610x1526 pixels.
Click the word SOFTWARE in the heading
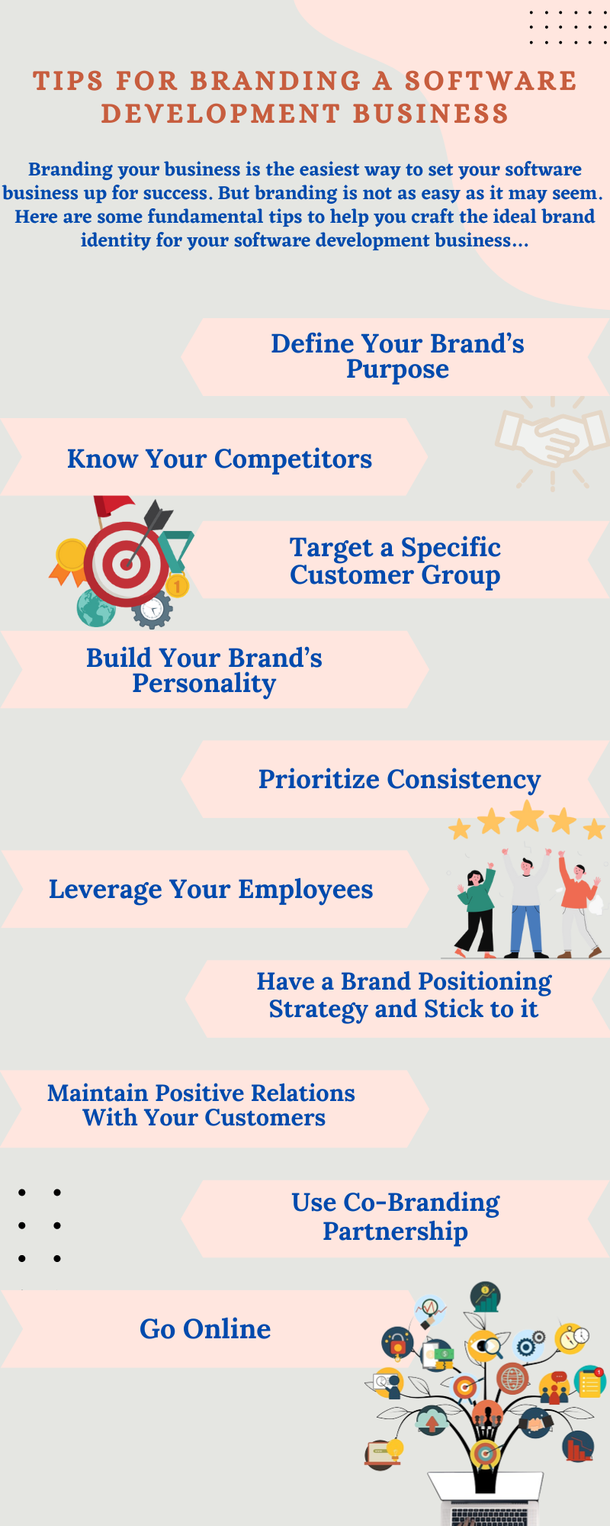(x=490, y=81)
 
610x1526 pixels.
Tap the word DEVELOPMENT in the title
(x=220, y=114)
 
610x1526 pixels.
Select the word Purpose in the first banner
(x=397, y=370)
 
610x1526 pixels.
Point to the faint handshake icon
(x=551, y=441)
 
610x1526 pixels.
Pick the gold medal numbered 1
(x=177, y=586)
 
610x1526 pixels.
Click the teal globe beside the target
(x=95, y=608)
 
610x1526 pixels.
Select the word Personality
(x=204, y=684)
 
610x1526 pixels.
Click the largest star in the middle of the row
(x=527, y=816)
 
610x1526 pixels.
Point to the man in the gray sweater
(x=526, y=904)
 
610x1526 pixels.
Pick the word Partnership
(x=395, y=1231)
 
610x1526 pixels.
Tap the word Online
(x=227, y=1329)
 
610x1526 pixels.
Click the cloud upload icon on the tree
(x=432, y=1421)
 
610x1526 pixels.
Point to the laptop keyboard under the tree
(x=489, y=1516)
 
